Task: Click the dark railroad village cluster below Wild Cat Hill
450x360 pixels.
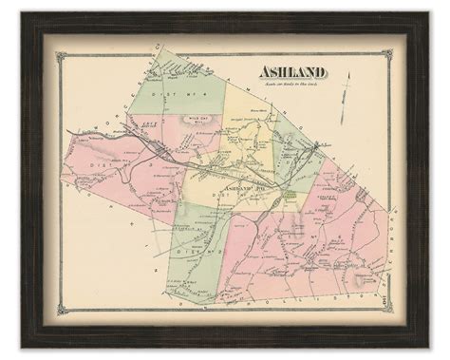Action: pos(161,150)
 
